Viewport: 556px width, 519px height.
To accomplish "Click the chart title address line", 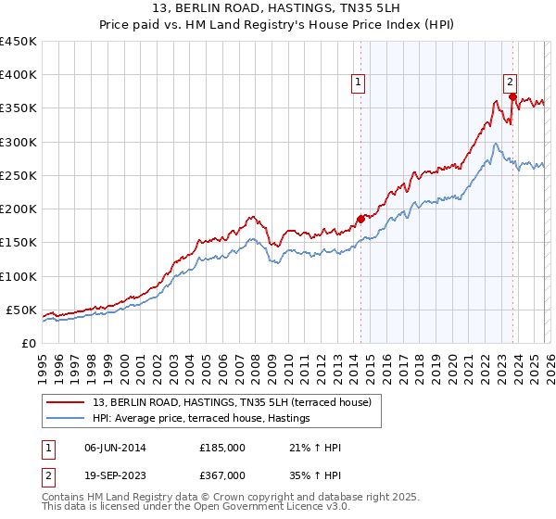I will (278, 9).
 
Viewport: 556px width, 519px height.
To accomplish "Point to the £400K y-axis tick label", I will (19, 75).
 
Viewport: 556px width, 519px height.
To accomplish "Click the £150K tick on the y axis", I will (19, 243).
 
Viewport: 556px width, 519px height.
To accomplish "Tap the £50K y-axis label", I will (21, 310).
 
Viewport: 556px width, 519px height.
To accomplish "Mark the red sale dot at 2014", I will (360, 219).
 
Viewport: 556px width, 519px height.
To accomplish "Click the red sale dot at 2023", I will (512, 96).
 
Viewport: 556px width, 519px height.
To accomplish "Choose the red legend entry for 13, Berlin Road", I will (232, 402).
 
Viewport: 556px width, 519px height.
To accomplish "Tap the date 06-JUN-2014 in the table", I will (115, 448).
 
